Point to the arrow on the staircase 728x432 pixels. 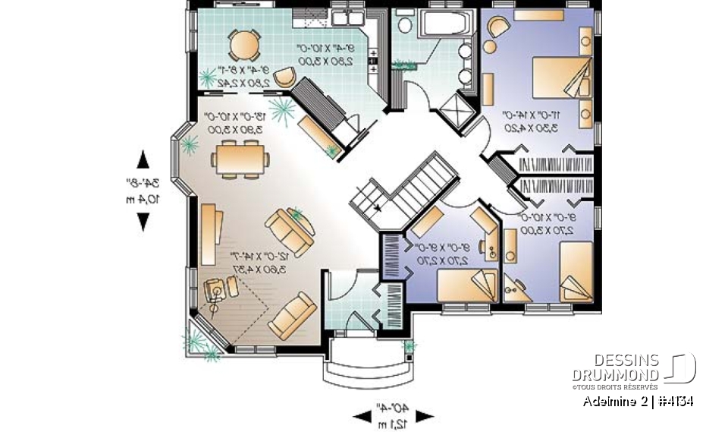376,207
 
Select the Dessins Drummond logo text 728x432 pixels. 616,367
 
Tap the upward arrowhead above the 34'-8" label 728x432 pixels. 143,159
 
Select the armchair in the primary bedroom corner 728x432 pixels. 497,28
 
